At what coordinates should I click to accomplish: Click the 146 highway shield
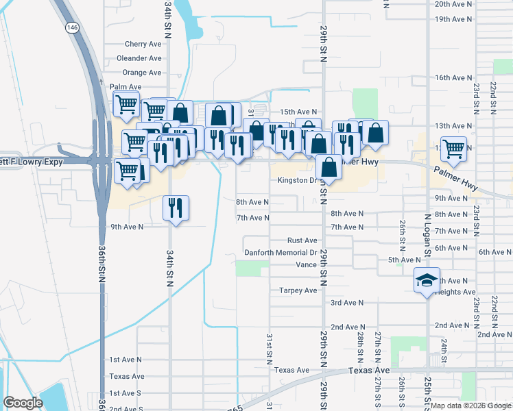71,27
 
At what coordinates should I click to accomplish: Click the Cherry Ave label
143,44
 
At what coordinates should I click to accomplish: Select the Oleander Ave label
139,58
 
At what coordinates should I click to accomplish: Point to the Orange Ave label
142,73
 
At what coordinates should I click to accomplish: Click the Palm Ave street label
126,87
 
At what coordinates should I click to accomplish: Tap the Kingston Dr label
300,181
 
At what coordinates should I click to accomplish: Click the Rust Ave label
302,240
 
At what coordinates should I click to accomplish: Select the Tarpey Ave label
298,290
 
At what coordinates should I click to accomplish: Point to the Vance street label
306,264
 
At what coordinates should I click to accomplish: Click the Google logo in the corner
23,403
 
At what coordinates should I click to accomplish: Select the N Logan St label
427,235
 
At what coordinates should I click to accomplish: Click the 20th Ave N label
454,3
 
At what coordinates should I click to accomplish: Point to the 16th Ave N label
454,78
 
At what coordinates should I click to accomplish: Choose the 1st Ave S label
126,393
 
